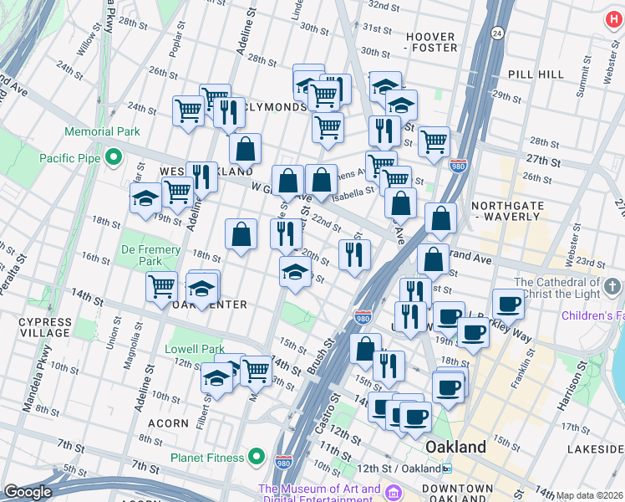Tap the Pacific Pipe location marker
tap(113, 158)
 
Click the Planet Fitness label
tap(219, 458)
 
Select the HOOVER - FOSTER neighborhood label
tap(430, 43)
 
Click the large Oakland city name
tap(455, 447)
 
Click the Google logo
tap(28, 492)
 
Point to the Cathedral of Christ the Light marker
tap(612, 288)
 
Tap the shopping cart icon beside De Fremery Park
tap(161, 285)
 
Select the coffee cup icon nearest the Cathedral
tap(507, 304)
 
